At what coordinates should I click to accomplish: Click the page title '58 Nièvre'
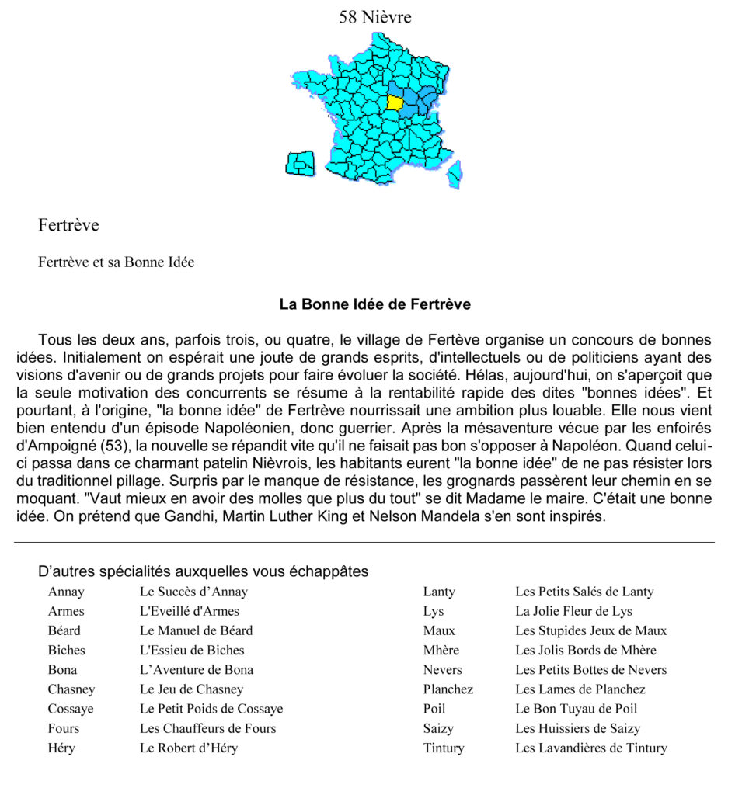pos(374,17)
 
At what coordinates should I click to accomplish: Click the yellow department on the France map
pos(395,102)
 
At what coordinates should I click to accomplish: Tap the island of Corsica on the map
pos(455,175)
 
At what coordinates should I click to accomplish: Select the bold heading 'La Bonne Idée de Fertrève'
pos(374,304)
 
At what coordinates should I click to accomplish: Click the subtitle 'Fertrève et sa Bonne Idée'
pos(116,262)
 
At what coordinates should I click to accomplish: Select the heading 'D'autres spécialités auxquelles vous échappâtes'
pos(203,572)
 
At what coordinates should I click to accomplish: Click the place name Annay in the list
pos(66,592)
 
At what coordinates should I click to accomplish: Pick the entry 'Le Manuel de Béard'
pos(196,630)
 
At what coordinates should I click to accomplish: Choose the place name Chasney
pos(71,689)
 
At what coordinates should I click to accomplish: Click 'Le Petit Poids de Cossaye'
pos(211,709)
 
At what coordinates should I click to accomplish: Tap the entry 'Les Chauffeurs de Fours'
pos(207,728)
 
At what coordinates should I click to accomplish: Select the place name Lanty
pos(439,592)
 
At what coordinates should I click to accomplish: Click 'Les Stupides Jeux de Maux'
pos(590,630)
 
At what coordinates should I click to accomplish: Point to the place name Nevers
pos(442,670)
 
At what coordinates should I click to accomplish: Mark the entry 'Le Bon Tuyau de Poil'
pos(576,709)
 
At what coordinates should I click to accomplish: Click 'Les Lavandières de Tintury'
pos(590,748)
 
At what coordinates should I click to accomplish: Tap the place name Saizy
pos(438,728)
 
